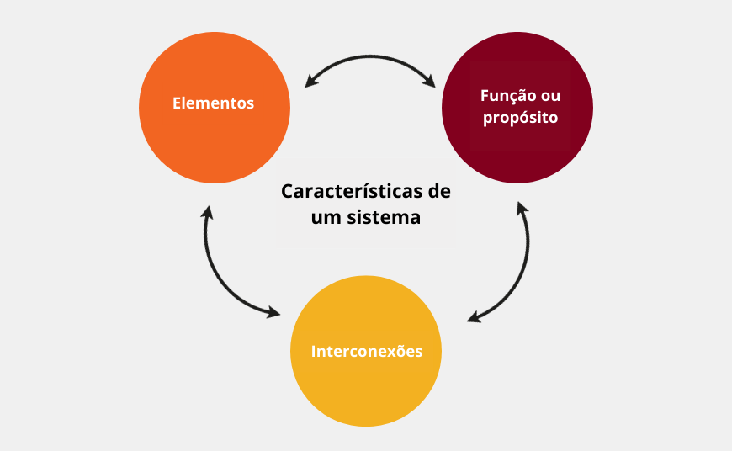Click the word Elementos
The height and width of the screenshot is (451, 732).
(213, 103)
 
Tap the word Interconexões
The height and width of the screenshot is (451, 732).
(366, 351)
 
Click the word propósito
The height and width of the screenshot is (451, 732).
(520, 118)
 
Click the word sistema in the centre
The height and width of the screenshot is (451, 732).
(383, 216)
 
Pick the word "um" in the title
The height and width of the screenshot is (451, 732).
(325, 216)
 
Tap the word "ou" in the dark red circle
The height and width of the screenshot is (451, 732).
(550, 96)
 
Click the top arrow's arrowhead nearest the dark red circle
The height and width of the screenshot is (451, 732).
(429, 82)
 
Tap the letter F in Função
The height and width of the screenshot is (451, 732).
(484, 96)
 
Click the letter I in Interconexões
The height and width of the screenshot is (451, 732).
(314, 351)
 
